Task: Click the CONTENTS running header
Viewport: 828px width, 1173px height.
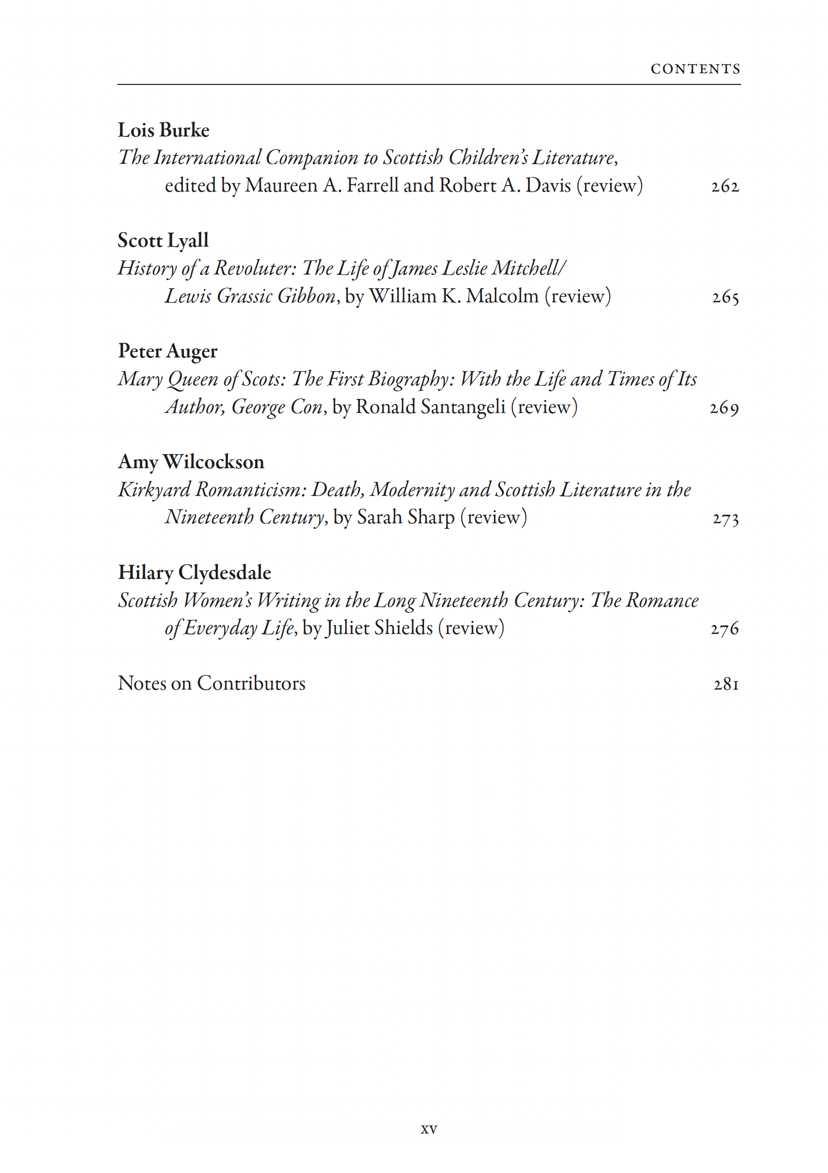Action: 695,69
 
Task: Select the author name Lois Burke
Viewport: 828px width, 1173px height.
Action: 163,130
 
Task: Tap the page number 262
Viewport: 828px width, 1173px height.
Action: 725,186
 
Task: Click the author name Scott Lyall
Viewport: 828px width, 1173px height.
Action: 163,241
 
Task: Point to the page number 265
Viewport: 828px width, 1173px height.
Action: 725,297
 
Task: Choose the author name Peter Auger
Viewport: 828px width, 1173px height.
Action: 167,351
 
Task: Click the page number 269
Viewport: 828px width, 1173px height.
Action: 724,408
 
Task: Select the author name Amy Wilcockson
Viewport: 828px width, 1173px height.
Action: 191,462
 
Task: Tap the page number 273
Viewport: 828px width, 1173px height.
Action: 725,519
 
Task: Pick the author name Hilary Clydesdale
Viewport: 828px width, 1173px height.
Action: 195,573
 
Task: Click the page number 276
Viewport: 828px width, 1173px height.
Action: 724,629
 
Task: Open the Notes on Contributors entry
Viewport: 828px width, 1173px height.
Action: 211,684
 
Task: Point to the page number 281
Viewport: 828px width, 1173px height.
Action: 726,684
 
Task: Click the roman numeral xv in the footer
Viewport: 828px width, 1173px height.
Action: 429,1130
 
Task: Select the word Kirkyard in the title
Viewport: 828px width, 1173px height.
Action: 154,490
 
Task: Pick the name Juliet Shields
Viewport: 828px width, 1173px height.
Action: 379,628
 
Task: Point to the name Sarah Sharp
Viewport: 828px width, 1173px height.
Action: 405,518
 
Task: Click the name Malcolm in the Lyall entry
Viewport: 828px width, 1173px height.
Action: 502,296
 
